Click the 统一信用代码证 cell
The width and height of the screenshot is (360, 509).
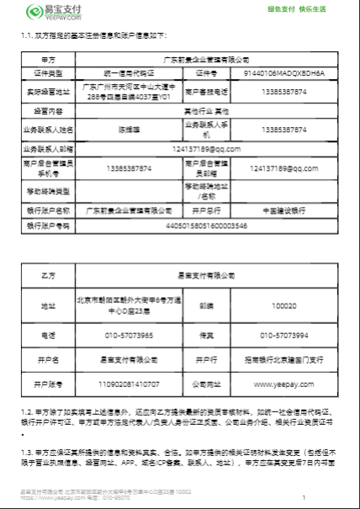pyautogui.click(x=127, y=73)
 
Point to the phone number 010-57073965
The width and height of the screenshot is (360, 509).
pyautogui.click(x=127, y=335)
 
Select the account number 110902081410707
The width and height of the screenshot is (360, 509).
pyautogui.click(x=127, y=384)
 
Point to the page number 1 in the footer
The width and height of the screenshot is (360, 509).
pyautogui.click(x=304, y=498)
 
